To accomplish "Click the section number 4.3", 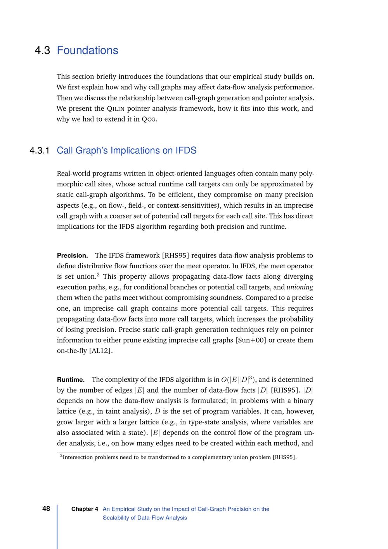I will (x=42, y=50).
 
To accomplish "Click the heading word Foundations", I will (x=87, y=50).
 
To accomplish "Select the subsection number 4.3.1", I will (x=40, y=151).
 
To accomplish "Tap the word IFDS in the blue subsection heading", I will (x=186, y=151).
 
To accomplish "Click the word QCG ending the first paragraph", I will (x=149, y=119).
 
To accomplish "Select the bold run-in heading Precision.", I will (x=72, y=255).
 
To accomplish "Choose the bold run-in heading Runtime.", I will (x=71, y=380).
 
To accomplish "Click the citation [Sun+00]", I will (x=251, y=340).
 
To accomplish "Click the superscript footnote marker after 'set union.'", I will (x=98, y=275).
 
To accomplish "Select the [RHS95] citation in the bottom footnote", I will (x=284, y=457).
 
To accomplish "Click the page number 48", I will (x=46, y=509).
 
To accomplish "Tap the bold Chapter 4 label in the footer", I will (x=85, y=509).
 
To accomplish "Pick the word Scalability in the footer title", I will (x=118, y=518).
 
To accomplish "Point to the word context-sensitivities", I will (x=186, y=205).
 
